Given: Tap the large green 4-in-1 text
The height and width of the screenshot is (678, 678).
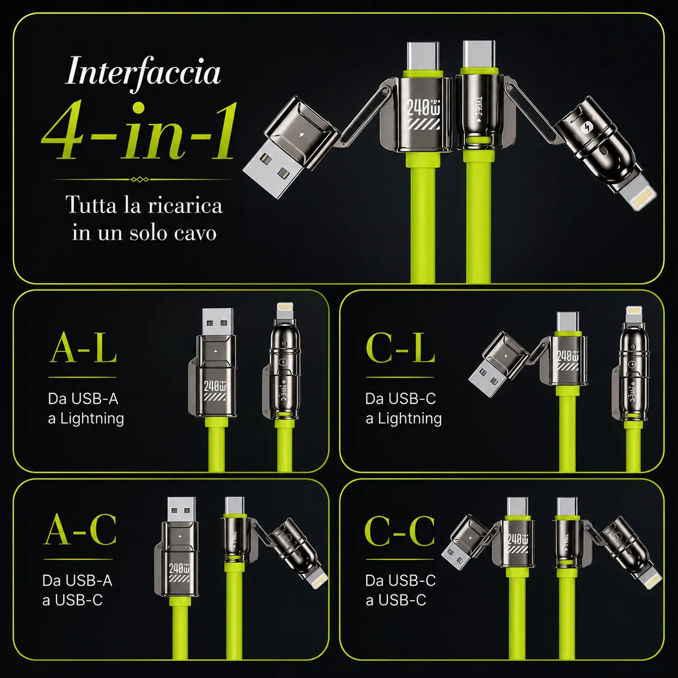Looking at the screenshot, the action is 138,132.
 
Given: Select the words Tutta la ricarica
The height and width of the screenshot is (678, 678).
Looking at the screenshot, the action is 144,205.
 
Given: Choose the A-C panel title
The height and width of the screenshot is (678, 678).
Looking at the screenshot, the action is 80,529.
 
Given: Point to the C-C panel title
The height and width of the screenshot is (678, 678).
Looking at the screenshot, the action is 399,530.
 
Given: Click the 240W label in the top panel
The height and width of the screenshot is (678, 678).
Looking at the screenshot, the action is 423,107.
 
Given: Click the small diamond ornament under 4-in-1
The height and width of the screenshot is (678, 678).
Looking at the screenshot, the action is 140,180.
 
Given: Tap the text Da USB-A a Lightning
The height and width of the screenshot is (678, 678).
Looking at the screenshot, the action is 86,409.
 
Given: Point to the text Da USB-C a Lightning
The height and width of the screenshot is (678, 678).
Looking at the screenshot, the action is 403,409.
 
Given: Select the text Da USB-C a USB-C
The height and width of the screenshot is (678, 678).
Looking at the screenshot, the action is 401,590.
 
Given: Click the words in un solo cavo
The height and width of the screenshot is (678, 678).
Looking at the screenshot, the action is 144,233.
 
